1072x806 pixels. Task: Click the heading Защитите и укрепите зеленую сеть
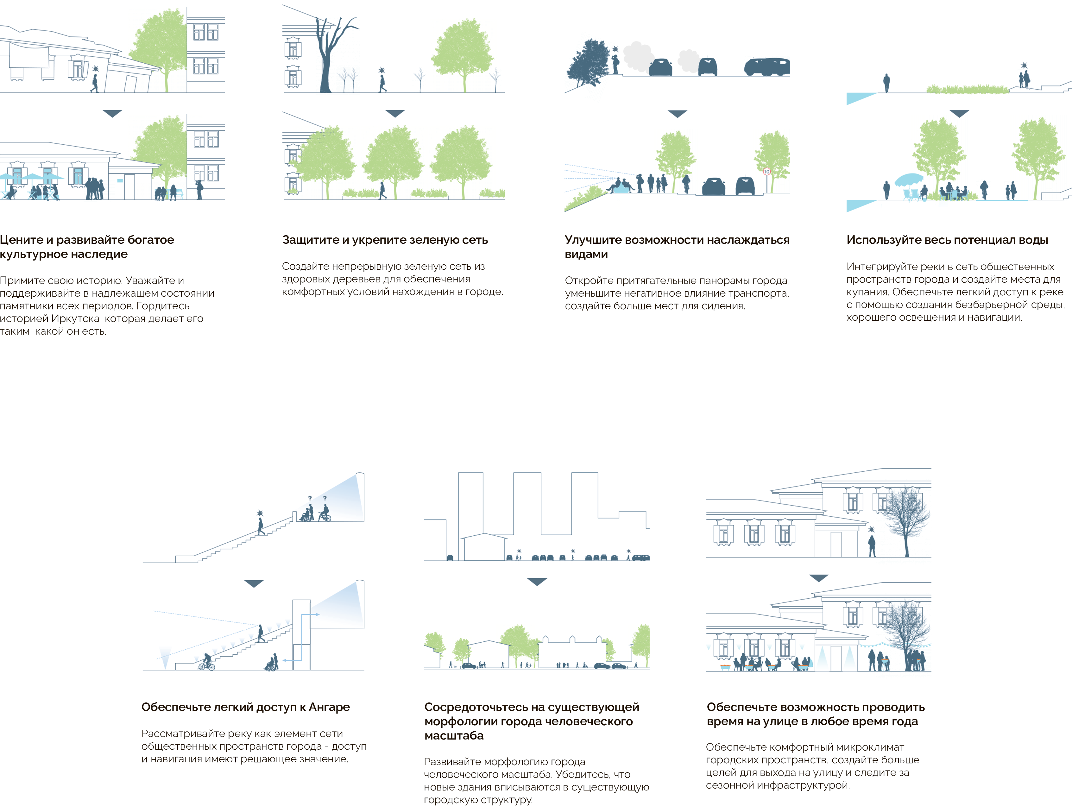point(385,240)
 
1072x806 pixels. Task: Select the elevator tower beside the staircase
point(301,635)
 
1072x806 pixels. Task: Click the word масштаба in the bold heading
point(454,736)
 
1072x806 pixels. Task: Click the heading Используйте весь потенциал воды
point(947,240)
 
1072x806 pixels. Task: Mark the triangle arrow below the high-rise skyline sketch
point(537,582)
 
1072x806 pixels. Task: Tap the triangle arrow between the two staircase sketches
point(254,583)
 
